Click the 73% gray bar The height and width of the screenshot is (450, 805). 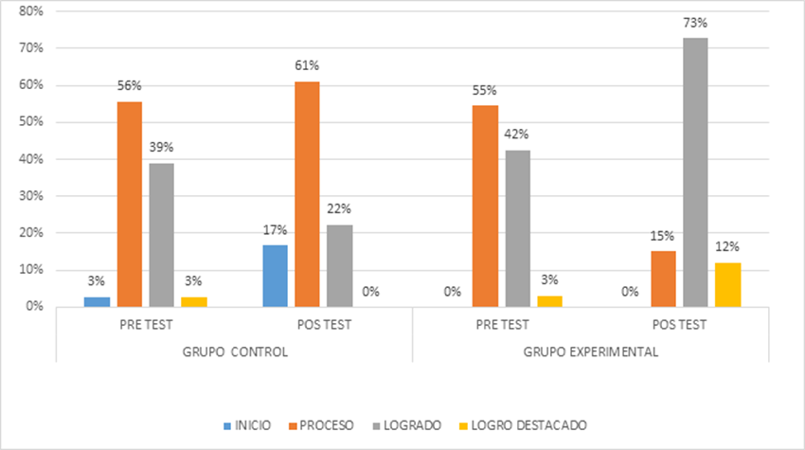click(x=696, y=171)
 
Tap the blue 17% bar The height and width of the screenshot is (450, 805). click(x=275, y=276)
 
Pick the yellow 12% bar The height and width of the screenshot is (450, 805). click(x=728, y=284)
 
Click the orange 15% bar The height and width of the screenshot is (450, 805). click(x=663, y=279)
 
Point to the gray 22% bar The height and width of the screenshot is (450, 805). click(x=339, y=265)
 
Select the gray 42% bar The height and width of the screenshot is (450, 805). click(x=517, y=228)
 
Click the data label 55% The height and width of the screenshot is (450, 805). click(x=485, y=90)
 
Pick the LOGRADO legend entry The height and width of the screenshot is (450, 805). click(x=407, y=425)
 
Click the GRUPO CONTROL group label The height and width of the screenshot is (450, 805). click(x=234, y=351)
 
